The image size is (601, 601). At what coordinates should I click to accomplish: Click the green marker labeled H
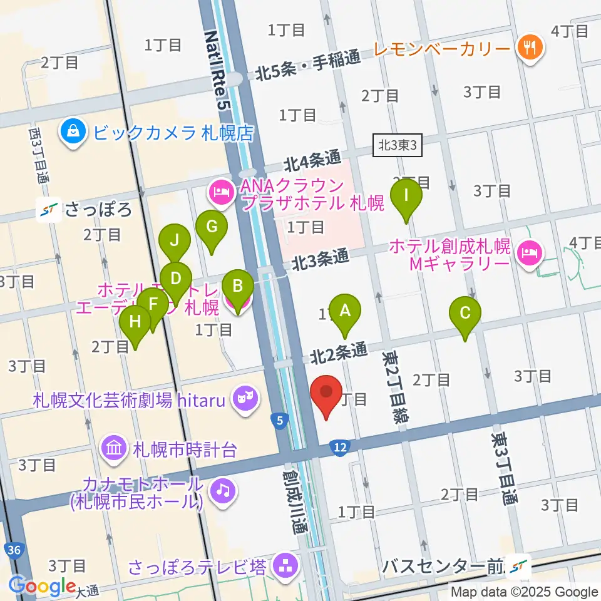[x=135, y=322]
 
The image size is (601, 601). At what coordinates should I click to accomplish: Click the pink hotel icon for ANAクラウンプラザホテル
[x=221, y=188]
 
